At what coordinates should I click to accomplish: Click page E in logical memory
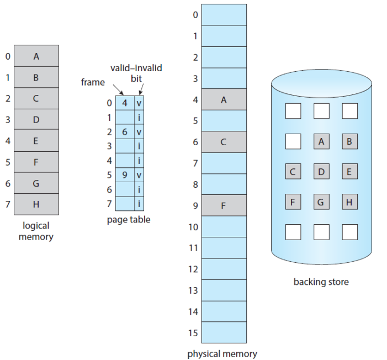coord(36,141)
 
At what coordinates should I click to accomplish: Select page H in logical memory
coord(36,204)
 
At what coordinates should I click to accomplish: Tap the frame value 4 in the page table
coord(124,103)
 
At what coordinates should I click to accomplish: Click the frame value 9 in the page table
coord(124,175)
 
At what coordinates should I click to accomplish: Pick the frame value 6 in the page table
coord(124,132)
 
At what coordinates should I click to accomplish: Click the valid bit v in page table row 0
coord(139,103)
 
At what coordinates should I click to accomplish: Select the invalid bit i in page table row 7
coord(139,204)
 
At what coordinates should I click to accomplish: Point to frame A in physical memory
coord(224,100)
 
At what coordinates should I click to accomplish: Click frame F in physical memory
coord(224,206)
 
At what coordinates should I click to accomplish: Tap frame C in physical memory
coord(224,142)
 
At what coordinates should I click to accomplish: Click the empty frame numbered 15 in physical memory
coord(224,332)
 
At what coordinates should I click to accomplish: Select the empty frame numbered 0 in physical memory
coord(224,15)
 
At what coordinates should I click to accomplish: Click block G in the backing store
coord(321,202)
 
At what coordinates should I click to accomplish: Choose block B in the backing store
coord(349,141)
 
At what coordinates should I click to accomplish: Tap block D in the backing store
coord(321,172)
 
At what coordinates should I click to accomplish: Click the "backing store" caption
coord(321,282)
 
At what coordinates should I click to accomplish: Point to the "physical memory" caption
coord(222,354)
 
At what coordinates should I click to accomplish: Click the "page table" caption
coord(128,220)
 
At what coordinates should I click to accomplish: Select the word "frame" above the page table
coord(92,82)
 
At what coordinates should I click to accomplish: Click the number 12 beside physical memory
coord(192,269)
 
